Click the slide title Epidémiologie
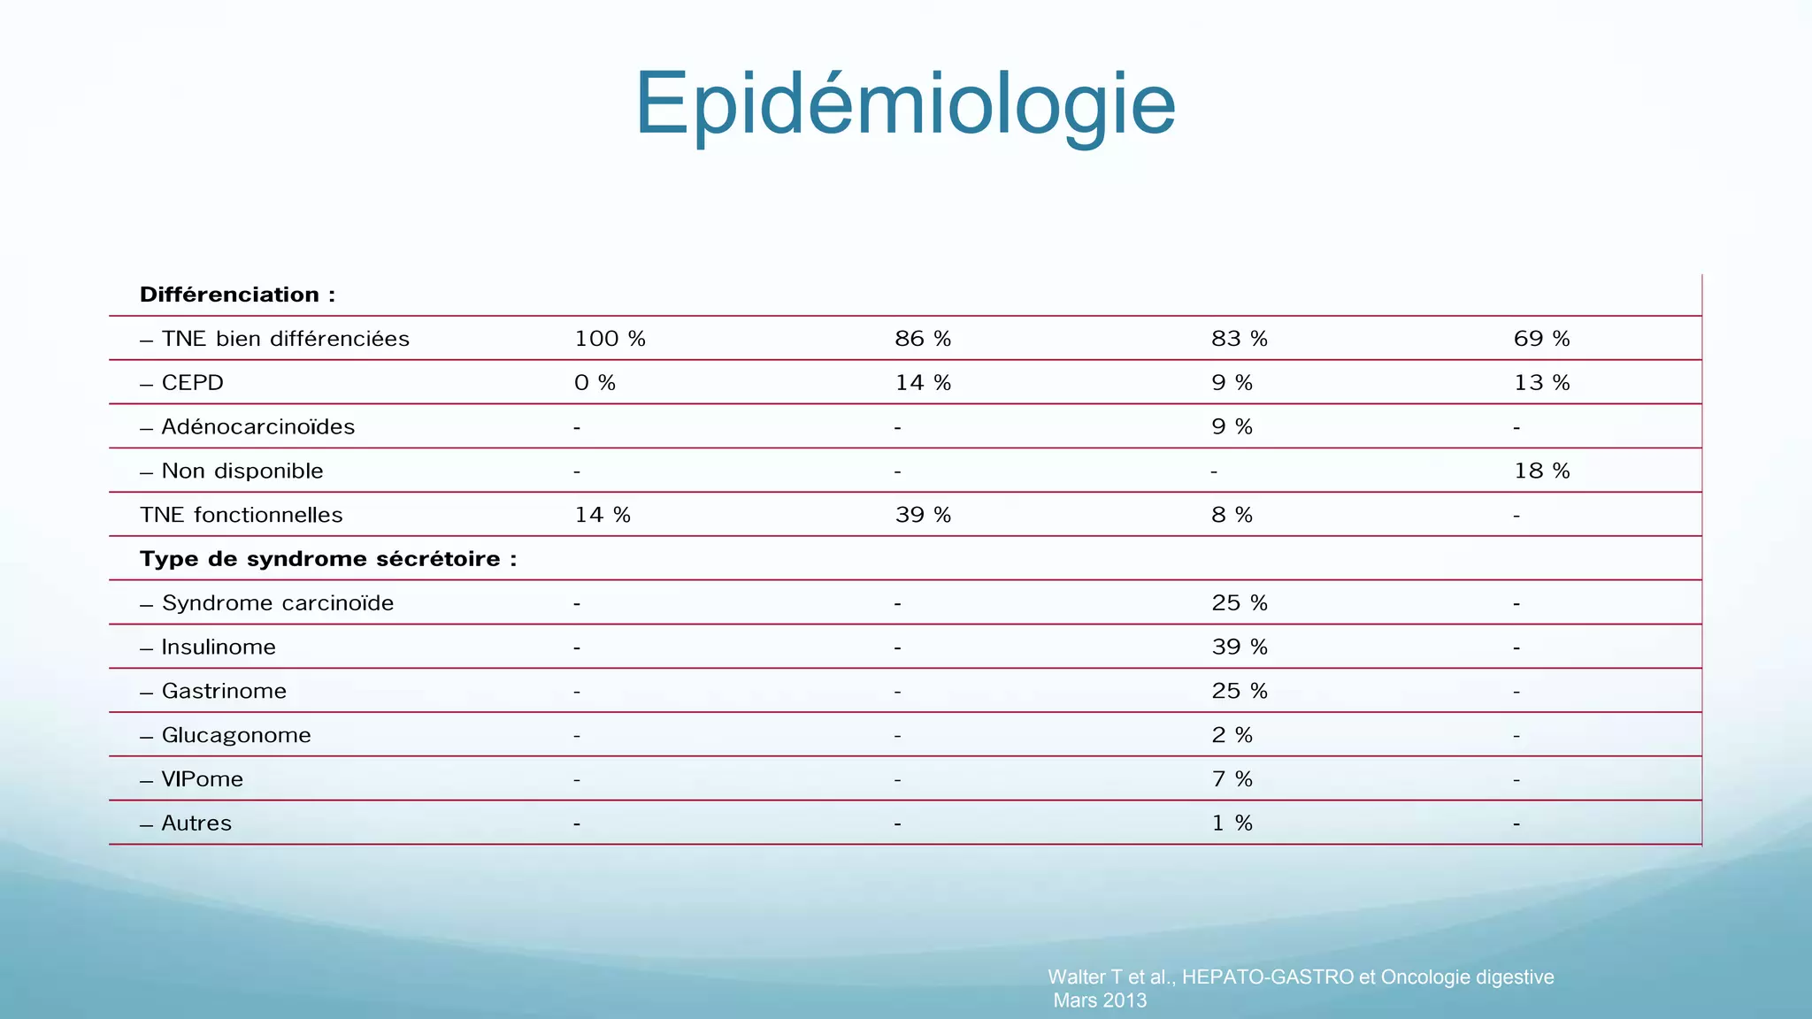tap(905, 104)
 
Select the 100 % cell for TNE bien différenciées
tap(610, 339)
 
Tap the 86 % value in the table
tap(923, 339)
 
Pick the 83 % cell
tap(1239, 339)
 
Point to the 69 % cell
tap(1541, 339)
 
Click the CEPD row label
tap(192, 383)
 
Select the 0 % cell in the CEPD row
tap(595, 383)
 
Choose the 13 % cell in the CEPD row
tap(1541, 383)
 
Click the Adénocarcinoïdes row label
tap(257, 427)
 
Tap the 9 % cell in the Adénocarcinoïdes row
tap(1232, 427)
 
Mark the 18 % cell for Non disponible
tap(1541, 471)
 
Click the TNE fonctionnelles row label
tap(241, 515)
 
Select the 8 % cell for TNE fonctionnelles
tap(1232, 515)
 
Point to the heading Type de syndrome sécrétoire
tap(327, 559)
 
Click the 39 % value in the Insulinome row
tap(1239, 647)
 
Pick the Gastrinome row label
tap(224, 691)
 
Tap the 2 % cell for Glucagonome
tap(1232, 735)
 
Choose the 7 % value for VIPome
tap(1232, 779)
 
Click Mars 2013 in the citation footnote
tap(1100, 1000)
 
